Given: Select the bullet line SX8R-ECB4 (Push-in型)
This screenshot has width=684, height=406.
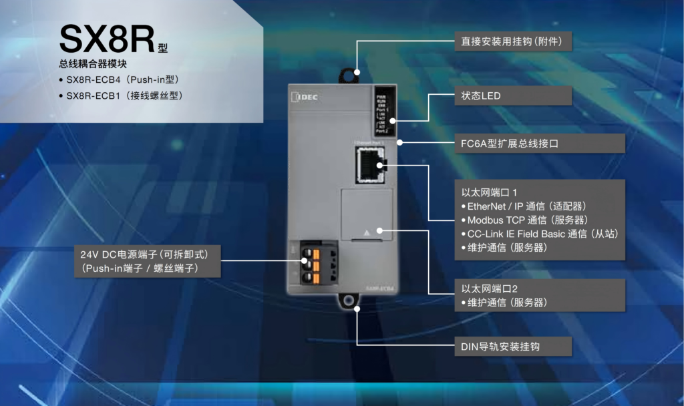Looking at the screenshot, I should point(123,80).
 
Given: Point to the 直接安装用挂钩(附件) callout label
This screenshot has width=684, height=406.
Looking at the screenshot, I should point(512,41).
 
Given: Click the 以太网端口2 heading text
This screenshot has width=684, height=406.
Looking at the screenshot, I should point(490,288).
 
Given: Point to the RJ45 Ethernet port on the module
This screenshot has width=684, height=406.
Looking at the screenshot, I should point(369,166).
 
